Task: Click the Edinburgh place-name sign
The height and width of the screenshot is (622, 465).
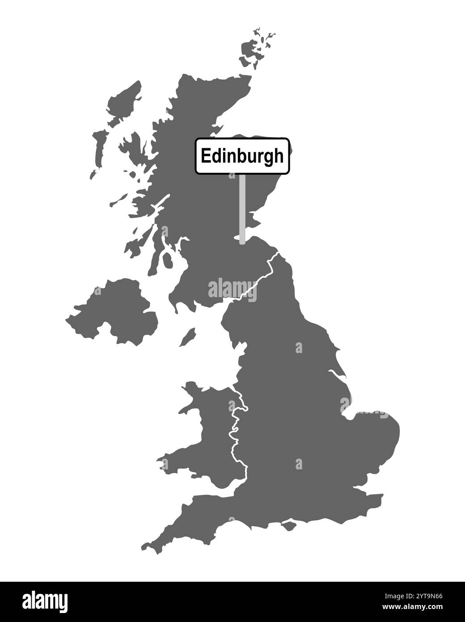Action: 242,156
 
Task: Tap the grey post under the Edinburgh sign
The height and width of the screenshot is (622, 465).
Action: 242,209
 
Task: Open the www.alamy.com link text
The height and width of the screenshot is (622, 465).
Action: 416,607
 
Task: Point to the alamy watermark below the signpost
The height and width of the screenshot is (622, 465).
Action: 232,289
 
